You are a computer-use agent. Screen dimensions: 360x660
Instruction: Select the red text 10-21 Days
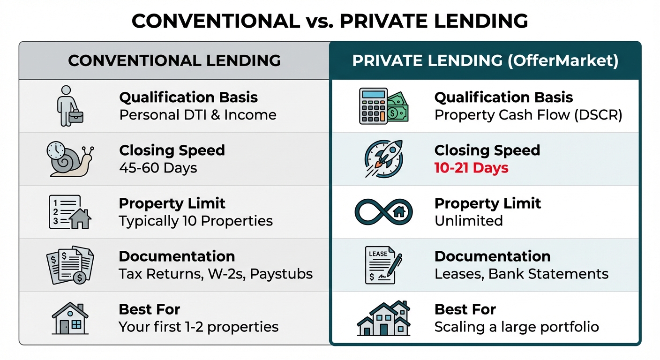pos(471,168)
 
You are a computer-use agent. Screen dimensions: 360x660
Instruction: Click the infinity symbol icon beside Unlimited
pos(383,211)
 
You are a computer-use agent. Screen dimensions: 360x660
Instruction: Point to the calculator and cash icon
pos(383,106)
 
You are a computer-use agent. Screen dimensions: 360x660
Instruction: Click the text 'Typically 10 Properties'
pos(195,221)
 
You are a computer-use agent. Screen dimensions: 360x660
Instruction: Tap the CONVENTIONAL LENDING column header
pos(174,60)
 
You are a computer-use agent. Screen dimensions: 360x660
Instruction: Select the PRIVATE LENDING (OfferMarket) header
pos(485,61)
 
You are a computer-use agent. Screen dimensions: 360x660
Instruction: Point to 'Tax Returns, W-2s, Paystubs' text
pos(216,274)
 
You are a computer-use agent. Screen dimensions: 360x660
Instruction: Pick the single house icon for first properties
pos(70,318)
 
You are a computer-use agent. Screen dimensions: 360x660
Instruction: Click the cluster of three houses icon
pos(384,318)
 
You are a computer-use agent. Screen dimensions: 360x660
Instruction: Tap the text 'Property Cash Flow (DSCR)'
pos(528,115)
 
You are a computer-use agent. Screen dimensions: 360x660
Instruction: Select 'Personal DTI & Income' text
pos(197,115)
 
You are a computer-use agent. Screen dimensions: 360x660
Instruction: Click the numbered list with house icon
pos(70,212)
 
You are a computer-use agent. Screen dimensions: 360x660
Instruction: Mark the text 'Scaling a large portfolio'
pos(517,327)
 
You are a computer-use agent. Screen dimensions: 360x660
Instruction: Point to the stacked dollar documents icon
pos(70,265)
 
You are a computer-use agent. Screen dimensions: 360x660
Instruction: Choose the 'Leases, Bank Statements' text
pos(521,274)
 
